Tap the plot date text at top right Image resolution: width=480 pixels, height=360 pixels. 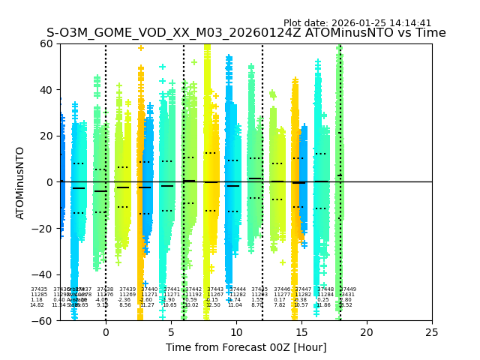tap(357, 23)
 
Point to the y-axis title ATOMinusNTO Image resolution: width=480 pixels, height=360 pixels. tap(21, 182)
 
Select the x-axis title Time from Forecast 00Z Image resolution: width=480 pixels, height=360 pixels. tap(246, 347)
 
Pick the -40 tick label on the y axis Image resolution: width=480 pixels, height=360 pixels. tap(45, 274)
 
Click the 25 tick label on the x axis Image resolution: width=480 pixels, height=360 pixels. tap(432, 332)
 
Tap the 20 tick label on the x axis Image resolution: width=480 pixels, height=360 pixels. tap(367, 332)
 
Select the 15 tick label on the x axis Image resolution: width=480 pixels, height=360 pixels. tap(301, 332)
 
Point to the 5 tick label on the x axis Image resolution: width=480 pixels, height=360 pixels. tap(171, 332)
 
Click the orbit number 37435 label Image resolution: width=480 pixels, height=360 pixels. tap(39, 289)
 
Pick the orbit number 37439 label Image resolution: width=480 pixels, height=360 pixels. tap(127, 289)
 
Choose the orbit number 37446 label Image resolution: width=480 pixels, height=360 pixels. tap(282, 289)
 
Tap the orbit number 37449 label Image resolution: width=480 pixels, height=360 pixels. tap(348, 289)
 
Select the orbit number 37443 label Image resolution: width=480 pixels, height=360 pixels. tap(215, 289)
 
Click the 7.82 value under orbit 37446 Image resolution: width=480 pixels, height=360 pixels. tap(280, 305)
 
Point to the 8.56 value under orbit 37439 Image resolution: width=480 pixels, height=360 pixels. tap(125, 305)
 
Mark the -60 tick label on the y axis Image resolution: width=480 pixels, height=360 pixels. tap(45, 321)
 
